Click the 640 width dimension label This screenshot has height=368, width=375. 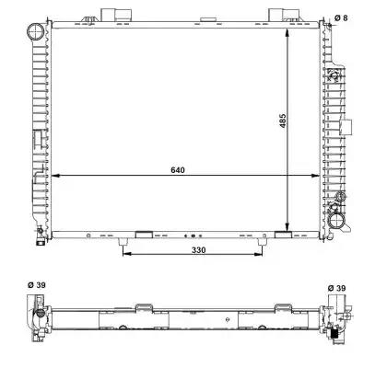tap(178, 169)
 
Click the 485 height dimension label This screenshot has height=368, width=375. tap(283, 121)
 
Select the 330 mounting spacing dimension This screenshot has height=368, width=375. tap(199, 250)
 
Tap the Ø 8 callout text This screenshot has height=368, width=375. tap(341, 17)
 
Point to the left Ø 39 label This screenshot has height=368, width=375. tap(37, 285)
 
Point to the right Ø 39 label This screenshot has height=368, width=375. tap(336, 288)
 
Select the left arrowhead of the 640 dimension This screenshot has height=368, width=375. tap(54, 176)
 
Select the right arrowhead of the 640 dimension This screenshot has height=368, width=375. tap(315, 176)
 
